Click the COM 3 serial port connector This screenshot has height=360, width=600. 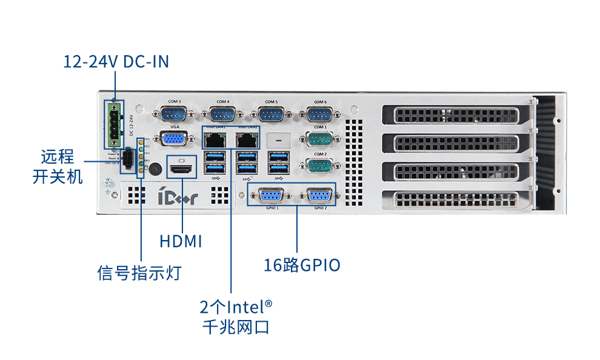pyautogui.click(x=175, y=114)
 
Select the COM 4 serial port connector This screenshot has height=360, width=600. pyautogui.click(x=223, y=114)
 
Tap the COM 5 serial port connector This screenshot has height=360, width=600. pyautogui.click(x=271, y=114)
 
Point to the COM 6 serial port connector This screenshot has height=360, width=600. pyautogui.click(x=320, y=114)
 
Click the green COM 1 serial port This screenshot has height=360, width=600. pyautogui.click(x=320, y=139)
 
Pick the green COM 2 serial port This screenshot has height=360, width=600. pyautogui.click(x=320, y=165)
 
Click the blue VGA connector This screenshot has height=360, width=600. pyautogui.click(x=175, y=139)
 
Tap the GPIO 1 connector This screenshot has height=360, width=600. pyautogui.click(x=272, y=196)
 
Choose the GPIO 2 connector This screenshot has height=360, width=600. pyautogui.click(x=320, y=196)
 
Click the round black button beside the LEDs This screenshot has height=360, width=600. pyautogui.click(x=155, y=169)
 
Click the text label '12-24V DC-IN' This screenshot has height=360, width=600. pyautogui.click(x=116, y=61)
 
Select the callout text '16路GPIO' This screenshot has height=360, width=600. pyautogui.click(x=302, y=265)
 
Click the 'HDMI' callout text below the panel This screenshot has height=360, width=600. pyautogui.click(x=181, y=241)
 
